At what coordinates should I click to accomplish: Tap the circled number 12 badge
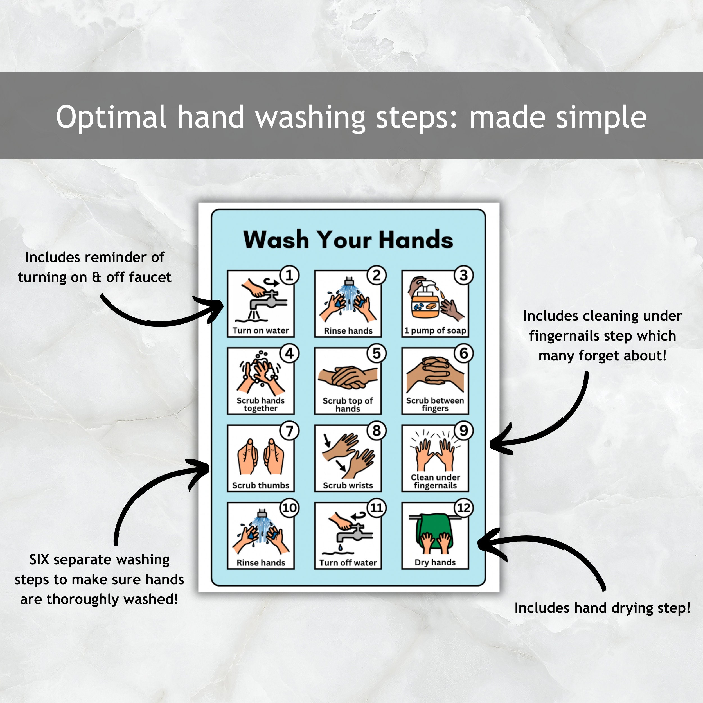pyautogui.click(x=464, y=508)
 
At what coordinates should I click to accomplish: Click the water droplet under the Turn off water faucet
pyautogui.click(x=340, y=547)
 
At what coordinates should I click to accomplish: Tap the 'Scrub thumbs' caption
pyautogui.click(x=261, y=485)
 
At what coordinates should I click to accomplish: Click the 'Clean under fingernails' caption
pyautogui.click(x=435, y=481)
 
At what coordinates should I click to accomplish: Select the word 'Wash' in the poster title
pyautogui.click(x=276, y=240)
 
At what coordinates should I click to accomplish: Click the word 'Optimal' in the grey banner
pyautogui.click(x=111, y=117)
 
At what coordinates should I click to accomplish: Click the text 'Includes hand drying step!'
pyautogui.click(x=602, y=608)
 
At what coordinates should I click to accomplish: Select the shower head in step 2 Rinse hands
pyautogui.click(x=349, y=281)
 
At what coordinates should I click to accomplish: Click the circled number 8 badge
pyautogui.click(x=376, y=431)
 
